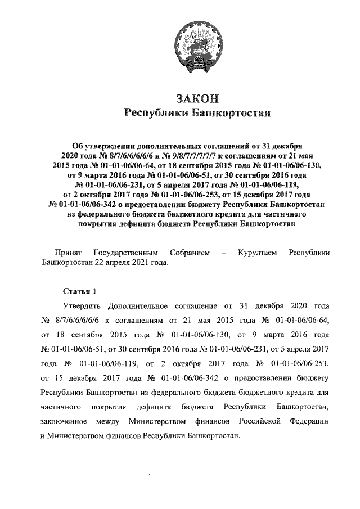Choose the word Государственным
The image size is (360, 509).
(x=125, y=253)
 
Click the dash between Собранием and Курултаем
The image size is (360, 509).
(x=224, y=253)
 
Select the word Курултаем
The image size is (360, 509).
(x=257, y=253)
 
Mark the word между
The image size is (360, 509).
(x=109, y=422)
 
